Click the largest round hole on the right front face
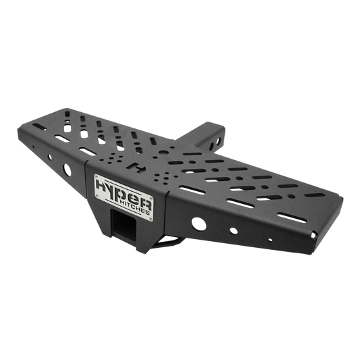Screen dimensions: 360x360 [198, 224]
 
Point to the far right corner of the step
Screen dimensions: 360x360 [316, 232]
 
